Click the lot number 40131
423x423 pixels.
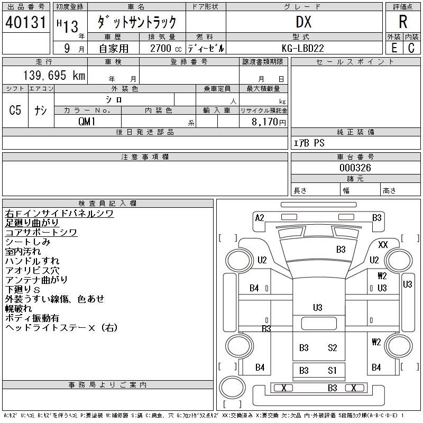25,22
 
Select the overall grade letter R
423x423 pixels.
403,22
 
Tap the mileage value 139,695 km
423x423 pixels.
54,75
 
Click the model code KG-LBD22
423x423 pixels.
302,48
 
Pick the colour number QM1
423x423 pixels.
87,122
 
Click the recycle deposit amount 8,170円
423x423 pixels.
269,122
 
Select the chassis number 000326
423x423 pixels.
355,168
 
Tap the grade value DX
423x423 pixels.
304,22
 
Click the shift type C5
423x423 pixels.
15,110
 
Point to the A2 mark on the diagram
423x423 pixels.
260,218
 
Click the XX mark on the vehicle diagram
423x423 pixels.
383,245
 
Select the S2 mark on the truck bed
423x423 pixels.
333,347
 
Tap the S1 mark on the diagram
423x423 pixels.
332,371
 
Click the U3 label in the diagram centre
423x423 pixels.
318,308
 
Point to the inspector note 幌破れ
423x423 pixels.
19,308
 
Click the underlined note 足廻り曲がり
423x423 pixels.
32,223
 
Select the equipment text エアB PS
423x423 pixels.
309,143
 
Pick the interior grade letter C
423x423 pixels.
411,48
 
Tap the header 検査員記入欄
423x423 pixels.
107,203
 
